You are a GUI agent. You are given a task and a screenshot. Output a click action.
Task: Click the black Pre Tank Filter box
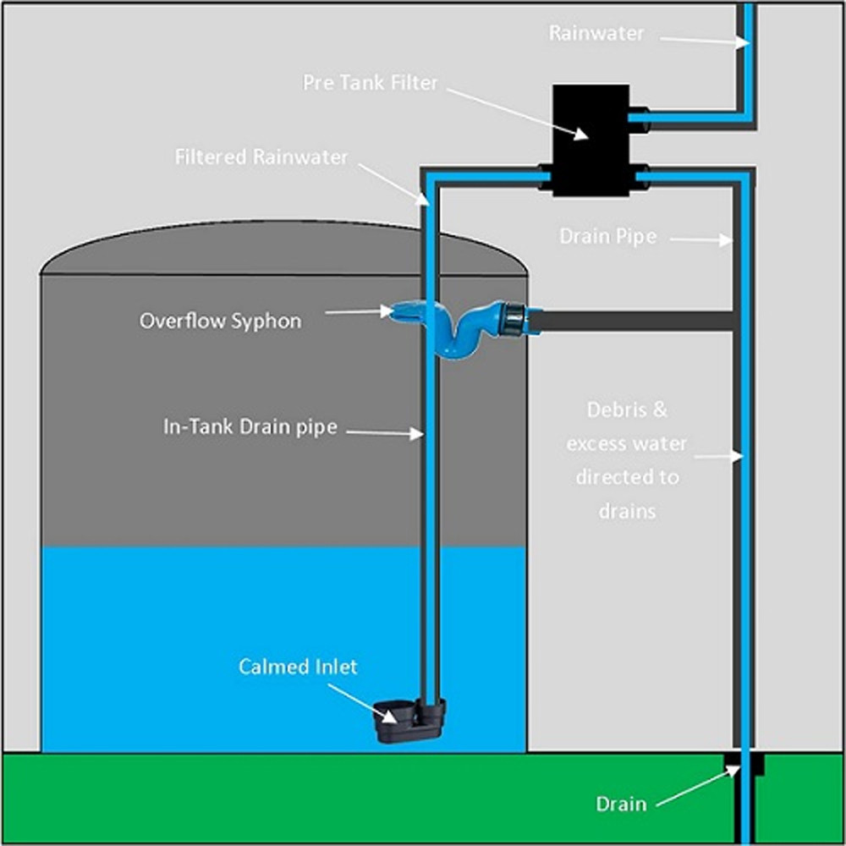tap(590, 140)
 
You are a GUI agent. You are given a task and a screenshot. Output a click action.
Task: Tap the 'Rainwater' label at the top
tap(596, 33)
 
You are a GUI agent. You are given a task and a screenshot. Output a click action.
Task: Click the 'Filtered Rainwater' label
tap(261, 157)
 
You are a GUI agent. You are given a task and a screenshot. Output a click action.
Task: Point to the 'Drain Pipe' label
tap(607, 236)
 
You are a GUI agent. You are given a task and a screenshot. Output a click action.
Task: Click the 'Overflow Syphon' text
tap(220, 321)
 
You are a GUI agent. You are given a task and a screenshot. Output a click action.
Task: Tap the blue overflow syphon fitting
tap(457, 326)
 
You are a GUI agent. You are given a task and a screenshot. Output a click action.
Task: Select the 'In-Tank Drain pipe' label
tap(250, 427)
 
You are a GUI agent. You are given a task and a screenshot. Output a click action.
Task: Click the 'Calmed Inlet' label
tap(298, 667)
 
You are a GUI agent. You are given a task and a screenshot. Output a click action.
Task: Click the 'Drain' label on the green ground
tap(621, 804)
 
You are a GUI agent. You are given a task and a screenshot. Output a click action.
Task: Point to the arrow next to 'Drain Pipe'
tap(700, 240)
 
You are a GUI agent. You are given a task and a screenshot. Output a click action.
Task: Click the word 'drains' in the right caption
tap(627, 511)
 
